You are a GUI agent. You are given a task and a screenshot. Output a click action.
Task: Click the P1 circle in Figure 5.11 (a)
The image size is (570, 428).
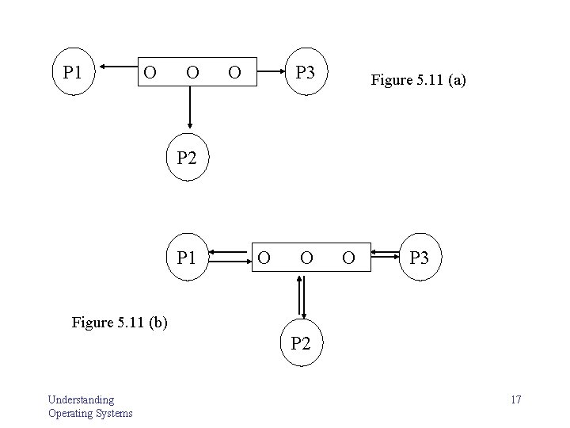coord(73,73)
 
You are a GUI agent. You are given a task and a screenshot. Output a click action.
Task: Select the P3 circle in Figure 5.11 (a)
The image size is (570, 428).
coord(305,73)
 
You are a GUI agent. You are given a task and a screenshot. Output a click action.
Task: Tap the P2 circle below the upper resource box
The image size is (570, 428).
coord(186,156)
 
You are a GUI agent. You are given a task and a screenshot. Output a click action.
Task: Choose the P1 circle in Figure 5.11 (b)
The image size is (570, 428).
coord(186,257)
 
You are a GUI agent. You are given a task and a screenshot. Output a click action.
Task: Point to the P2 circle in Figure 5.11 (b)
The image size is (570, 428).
coord(301,343)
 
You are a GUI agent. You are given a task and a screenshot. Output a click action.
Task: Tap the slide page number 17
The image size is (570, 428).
coord(515,399)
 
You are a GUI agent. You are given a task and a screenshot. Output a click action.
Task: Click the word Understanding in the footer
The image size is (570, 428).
coord(80,399)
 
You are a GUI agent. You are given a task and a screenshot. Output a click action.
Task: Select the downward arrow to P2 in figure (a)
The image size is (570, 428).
coord(190,107)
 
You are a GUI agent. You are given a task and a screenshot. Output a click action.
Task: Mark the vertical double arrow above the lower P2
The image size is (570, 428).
coord(301,296)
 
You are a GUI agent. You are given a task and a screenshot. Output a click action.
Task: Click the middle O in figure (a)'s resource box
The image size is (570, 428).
coord(191,73)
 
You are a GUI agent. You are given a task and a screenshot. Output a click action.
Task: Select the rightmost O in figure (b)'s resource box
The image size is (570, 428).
coord(347,257)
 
